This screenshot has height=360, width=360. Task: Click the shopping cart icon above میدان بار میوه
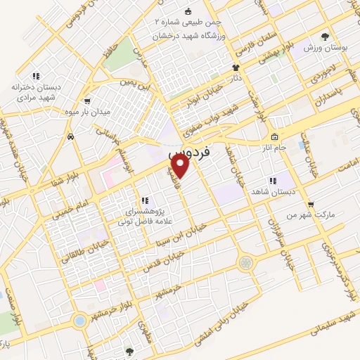pyautogui.click(x=87, y=101)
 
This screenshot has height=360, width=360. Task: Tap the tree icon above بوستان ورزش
pyautogui.click(x=324, y=37)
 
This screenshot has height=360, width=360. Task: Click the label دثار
pyautogui.click(x=236, y=79)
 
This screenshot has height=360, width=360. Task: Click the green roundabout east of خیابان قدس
pyautogui.click(x=245, y=263)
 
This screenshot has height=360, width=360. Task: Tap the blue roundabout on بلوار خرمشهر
pyautogui.click(x=79, y=320)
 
